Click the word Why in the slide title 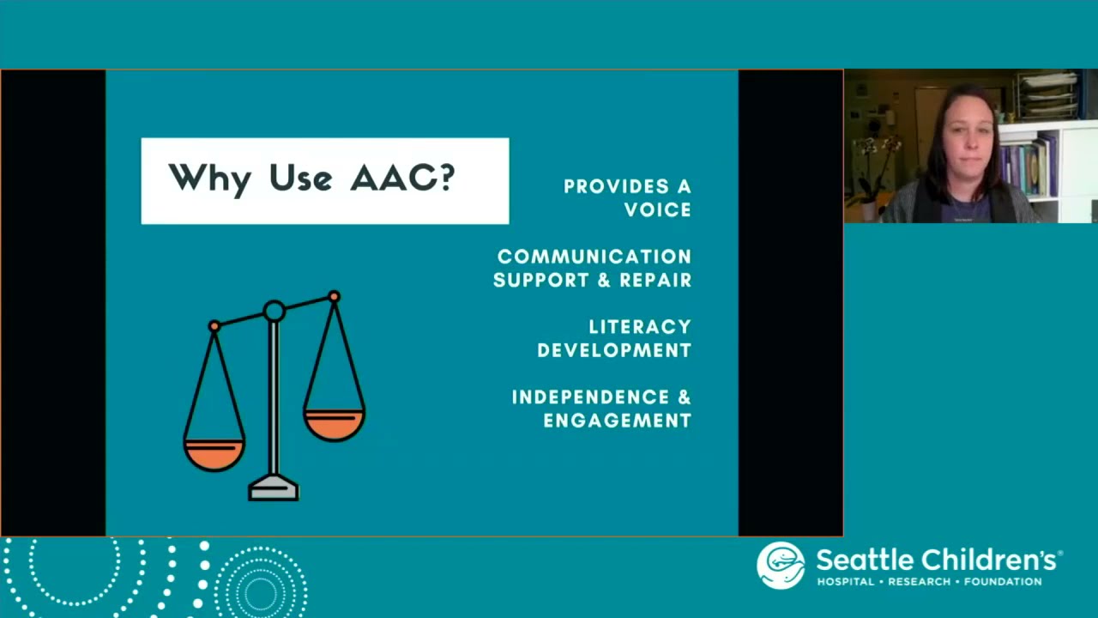point(209,179)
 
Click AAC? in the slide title point(402,178)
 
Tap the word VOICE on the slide point(657,209)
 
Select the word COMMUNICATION point(594,257)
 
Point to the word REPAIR point(655,280)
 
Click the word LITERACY point(639,327)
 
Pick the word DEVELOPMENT point(614,350)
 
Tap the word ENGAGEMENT point(617,421)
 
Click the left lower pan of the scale point(214,454)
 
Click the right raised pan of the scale point(334,424)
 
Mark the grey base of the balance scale point(274,489)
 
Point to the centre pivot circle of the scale point(274,311)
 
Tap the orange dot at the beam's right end point(334,297)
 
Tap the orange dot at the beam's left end point(214,326)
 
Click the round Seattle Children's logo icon point(781,566)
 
